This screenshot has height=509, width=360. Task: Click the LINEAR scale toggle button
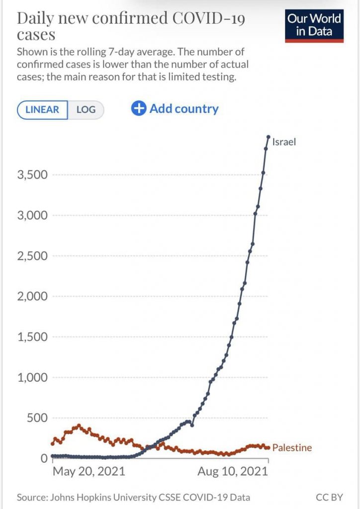(42, 110)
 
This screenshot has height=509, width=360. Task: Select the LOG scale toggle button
(86, 110)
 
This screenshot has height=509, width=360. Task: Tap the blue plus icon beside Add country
(138, 108)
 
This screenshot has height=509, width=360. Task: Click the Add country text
(184, 108)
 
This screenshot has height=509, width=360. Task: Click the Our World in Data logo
(314, 25)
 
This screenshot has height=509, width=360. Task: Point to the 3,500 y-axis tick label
(32, 175)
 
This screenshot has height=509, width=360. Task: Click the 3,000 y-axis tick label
(32, 215)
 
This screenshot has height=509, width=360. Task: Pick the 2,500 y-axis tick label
(32, 256)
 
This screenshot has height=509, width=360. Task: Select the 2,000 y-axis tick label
(32, 296)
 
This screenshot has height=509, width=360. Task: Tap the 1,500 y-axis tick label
(32, 337)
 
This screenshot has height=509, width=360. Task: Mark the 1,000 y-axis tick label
(32, 377)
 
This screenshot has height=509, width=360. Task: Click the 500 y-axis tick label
(37, 418)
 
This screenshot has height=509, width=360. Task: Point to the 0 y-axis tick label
(44, 458)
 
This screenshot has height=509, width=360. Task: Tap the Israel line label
(284, 142)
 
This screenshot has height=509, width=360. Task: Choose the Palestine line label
(292, 448)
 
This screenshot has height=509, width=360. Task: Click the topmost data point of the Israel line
(268, 137)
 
